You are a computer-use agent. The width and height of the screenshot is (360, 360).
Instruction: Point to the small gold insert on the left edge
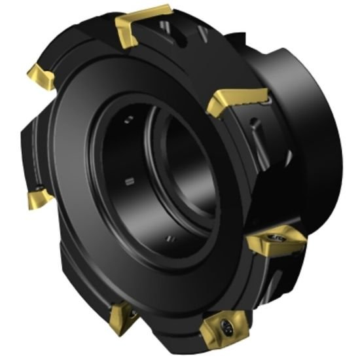click(x=38, y=198)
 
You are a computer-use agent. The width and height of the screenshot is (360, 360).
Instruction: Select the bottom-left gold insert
click(x=122, y=317)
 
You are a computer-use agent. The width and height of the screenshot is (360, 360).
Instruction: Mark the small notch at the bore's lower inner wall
click(x=170, y=235)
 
